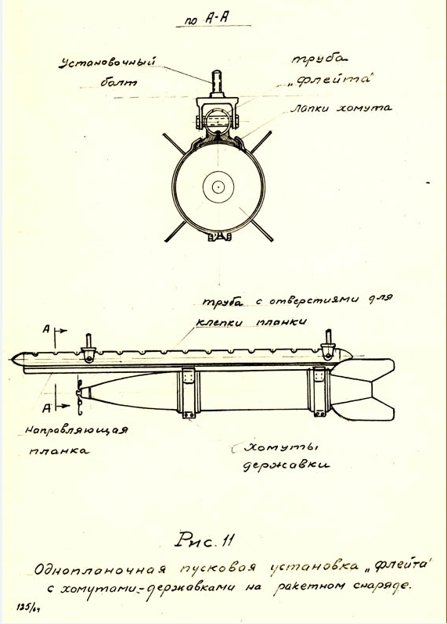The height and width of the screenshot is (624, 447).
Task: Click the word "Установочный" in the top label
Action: (107, 63)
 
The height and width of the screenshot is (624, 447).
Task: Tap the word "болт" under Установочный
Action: (118, 82)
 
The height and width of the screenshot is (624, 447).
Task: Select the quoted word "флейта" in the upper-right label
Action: (328, 80)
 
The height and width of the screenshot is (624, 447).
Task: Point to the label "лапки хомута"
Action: (341, 108)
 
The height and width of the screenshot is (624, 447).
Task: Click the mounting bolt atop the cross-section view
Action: (217, 82)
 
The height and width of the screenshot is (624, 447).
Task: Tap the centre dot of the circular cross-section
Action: (218, 186)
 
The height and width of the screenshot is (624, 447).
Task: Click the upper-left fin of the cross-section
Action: (174, 143)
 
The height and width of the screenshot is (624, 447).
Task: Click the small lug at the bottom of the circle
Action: (218, 237)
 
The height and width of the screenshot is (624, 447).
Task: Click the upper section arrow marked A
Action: (55, 331)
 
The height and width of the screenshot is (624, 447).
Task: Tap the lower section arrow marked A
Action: (56, 406)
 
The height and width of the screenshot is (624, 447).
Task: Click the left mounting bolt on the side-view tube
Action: (88, 348)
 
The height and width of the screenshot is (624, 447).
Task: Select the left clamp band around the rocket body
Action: (189, 393)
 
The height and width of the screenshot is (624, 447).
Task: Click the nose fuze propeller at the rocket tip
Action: (80, 393)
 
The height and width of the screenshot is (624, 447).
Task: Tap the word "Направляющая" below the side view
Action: (77, 431)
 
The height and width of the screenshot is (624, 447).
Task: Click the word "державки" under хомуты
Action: (286, 465)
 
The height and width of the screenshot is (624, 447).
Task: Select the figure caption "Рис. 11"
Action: (204, 541)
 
